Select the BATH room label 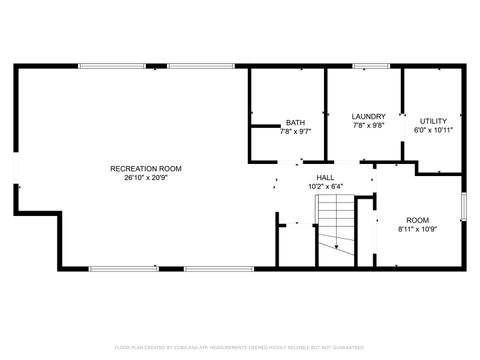[296, 123]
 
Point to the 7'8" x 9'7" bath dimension [296, 131]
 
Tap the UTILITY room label [434, 121]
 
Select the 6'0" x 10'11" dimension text [434, 130]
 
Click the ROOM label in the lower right [417, 220]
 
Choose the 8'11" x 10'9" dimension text [417, 229]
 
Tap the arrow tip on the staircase [338, 247]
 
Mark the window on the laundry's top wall [371, 67]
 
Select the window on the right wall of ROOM [464, 205]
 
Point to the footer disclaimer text [239, 347]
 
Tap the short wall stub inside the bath [263, 126]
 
